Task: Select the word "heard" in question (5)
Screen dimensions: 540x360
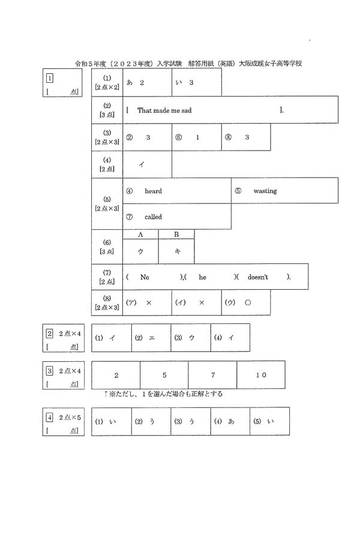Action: click(x=153, y=191)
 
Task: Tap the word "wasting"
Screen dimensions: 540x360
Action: click(x=265, y=191)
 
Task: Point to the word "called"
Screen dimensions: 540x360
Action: click(x=153, y=217)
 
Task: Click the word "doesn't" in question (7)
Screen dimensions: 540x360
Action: click(x=258, y=277)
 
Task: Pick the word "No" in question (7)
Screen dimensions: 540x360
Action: click(x=144, y=277)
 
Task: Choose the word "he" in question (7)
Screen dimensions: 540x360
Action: click(x=202, y=277)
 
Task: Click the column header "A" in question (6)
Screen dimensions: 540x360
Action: click(x=140, y=235)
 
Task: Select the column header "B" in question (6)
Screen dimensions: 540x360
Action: click(x=176, y=235)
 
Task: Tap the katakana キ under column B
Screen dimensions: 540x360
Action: click(x=176, y=252)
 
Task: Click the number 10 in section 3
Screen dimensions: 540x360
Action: click(x=261, y=375)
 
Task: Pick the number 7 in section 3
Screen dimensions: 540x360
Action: click(x=212, y=375)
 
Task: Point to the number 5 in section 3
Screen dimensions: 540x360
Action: click(x=164, y=375)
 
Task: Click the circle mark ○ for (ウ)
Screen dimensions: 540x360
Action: click(x=247, y=303)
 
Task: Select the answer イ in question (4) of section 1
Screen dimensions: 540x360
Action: click(x=142, y=165)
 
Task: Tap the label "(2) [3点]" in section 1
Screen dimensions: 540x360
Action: click(x=107, y=110)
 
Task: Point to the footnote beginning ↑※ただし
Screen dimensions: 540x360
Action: click(x=163, y=394)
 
